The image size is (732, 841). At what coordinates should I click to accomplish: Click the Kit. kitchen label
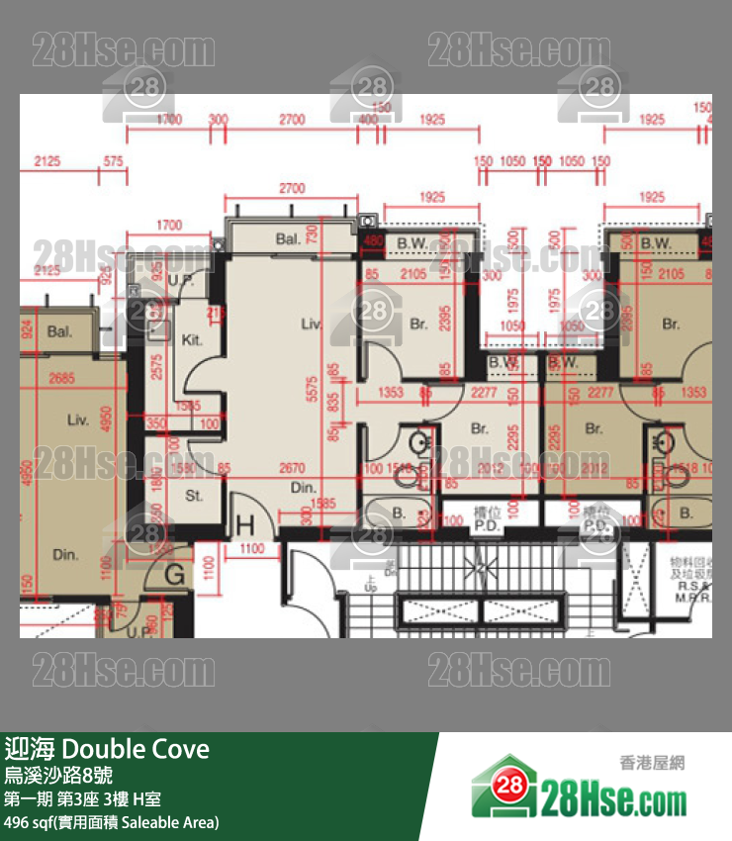tap(192, 339)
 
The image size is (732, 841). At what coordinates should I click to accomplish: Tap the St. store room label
tap(194, 495)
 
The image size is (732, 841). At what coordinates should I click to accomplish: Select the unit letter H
tap(245, 524)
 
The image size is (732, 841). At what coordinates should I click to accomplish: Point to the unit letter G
tap(175, 573)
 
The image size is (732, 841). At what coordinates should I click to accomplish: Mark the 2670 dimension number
tap(291, 468)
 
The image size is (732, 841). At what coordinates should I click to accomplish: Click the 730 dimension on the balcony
tap(339, 234)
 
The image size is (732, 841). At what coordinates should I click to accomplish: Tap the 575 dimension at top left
tap(113, 160)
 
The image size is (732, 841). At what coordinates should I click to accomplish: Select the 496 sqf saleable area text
tap(111, 821)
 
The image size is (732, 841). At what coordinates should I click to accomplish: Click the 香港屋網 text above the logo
tap(652, 762)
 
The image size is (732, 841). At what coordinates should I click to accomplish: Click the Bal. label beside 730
tap(288, 238)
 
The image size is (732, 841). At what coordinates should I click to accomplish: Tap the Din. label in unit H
tap(303, 488)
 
